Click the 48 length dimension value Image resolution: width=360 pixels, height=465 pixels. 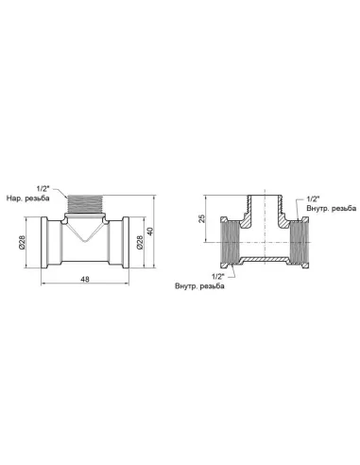85,279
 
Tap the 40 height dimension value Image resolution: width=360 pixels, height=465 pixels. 150,232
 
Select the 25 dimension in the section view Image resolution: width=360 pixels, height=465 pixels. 202,218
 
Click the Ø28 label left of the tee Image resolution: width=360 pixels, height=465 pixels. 21,242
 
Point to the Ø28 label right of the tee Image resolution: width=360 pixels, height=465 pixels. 140,242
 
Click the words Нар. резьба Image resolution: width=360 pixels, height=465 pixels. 27,198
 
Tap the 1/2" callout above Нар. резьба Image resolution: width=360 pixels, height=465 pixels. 43,189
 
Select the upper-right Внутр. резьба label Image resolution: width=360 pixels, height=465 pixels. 332,208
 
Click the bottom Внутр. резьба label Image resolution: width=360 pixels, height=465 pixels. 199,286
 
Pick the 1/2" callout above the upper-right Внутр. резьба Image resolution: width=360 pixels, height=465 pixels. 313,198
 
